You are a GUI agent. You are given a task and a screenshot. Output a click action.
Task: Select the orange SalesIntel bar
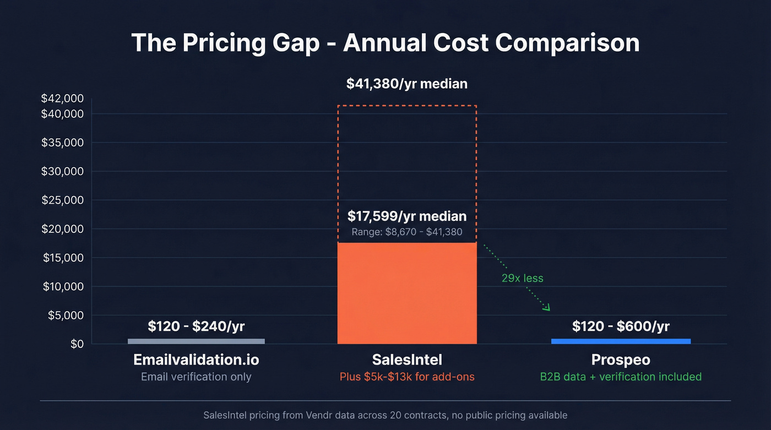tap(407, 293)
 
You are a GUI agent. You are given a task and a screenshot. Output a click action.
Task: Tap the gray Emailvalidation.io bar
tap(196, 341)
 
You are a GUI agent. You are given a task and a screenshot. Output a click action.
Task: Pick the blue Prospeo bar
tap(621, 341)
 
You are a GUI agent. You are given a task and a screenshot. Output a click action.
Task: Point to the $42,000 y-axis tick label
tap(62, 99)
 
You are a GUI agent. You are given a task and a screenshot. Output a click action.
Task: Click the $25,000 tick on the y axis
tap(62, 200)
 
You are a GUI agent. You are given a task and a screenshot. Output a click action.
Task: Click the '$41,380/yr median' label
tap(406, 84)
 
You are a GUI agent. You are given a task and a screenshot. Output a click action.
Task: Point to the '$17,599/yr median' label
tap(407, 216)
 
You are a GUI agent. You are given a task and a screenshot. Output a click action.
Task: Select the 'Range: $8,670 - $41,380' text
tap(407, 232)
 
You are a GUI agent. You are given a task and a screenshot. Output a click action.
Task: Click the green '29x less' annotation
tap(522, 278)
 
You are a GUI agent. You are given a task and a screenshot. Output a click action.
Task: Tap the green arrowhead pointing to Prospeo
tap(546, 307)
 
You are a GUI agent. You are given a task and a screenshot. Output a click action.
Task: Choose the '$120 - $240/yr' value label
tap(196, 326)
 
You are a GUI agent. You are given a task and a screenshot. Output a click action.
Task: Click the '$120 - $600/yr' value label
tap(621, 326)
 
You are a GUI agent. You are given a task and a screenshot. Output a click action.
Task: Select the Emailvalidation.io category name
tap(196, 360)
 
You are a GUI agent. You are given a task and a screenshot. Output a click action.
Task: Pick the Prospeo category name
tap(621, 360)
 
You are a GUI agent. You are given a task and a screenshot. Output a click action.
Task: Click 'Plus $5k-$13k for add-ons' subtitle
tap(407, 377)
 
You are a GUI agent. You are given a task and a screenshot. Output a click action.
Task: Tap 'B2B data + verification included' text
tap(621, 377)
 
